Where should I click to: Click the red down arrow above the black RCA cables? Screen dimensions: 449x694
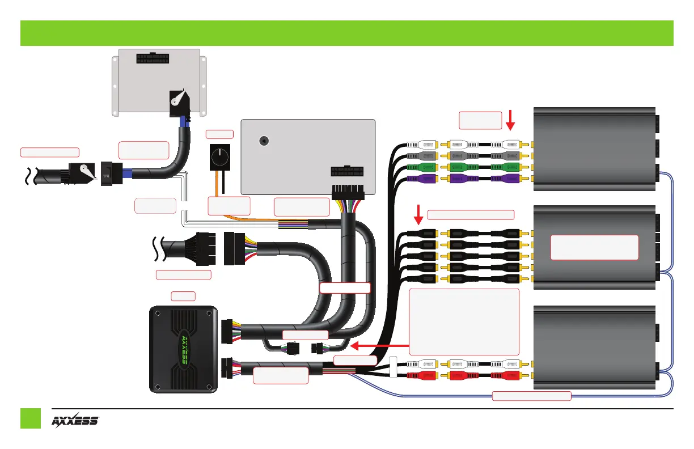(418, 215)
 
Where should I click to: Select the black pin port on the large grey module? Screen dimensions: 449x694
(346, 172)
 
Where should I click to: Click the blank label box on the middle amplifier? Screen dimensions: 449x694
(594, 247)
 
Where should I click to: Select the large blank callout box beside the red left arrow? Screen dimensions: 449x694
(464, 321)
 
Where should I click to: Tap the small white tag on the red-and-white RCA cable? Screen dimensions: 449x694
(393, 366)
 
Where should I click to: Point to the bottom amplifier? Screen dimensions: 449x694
(595, 346)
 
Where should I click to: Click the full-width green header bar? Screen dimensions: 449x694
(346, 33)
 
